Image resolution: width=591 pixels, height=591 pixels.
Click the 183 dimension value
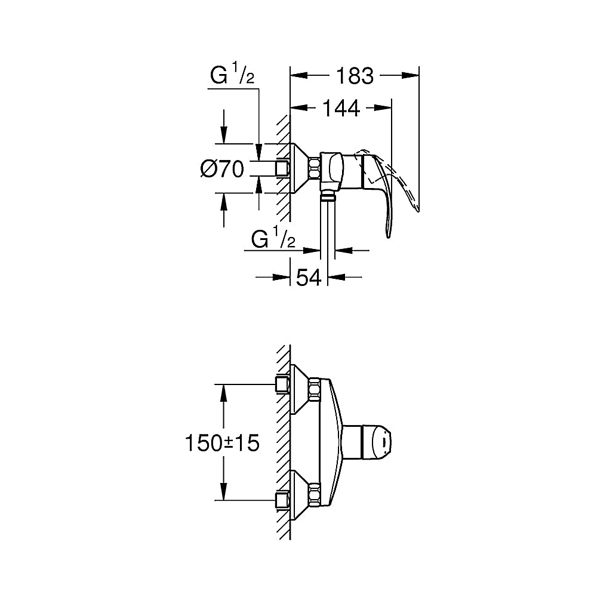coord(355,76)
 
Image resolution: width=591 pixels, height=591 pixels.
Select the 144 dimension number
coord(341,109)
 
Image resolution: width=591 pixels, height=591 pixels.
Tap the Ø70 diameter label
coord(222,168)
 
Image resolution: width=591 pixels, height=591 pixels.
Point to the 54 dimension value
coord(309,278)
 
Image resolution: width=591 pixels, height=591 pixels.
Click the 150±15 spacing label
coord(222,442)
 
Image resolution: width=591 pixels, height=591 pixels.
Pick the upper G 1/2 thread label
coord(232,74)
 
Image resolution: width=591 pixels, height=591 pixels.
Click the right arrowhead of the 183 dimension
coord(410,75)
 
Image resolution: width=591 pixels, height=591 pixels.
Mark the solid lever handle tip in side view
coord(389,236)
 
